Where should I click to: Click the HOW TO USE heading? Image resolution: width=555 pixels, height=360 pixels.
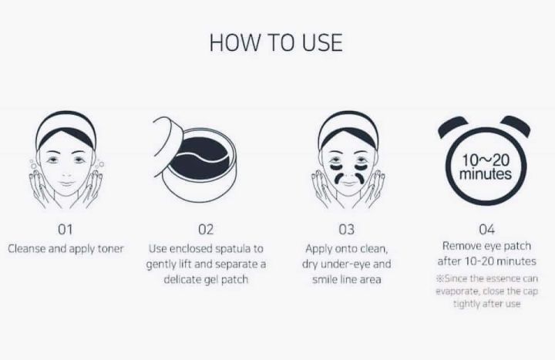[x=276, y=42]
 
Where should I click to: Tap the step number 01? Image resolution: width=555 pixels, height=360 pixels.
[x=65, y=230]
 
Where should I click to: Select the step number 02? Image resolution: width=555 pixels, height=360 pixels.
[x=206, y=230]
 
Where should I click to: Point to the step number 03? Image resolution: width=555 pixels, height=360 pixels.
[x=346, y=230]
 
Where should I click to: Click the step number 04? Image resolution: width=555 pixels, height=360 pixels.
[x=486, y=230]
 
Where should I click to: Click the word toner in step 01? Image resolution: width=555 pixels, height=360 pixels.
[x=110, y=248]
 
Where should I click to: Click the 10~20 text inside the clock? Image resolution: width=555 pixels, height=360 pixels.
[x=486, y=160]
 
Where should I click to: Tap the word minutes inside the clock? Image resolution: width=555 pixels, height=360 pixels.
[x=486, y=173]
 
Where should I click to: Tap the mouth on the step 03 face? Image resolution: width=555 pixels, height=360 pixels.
[x=348, y=183]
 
